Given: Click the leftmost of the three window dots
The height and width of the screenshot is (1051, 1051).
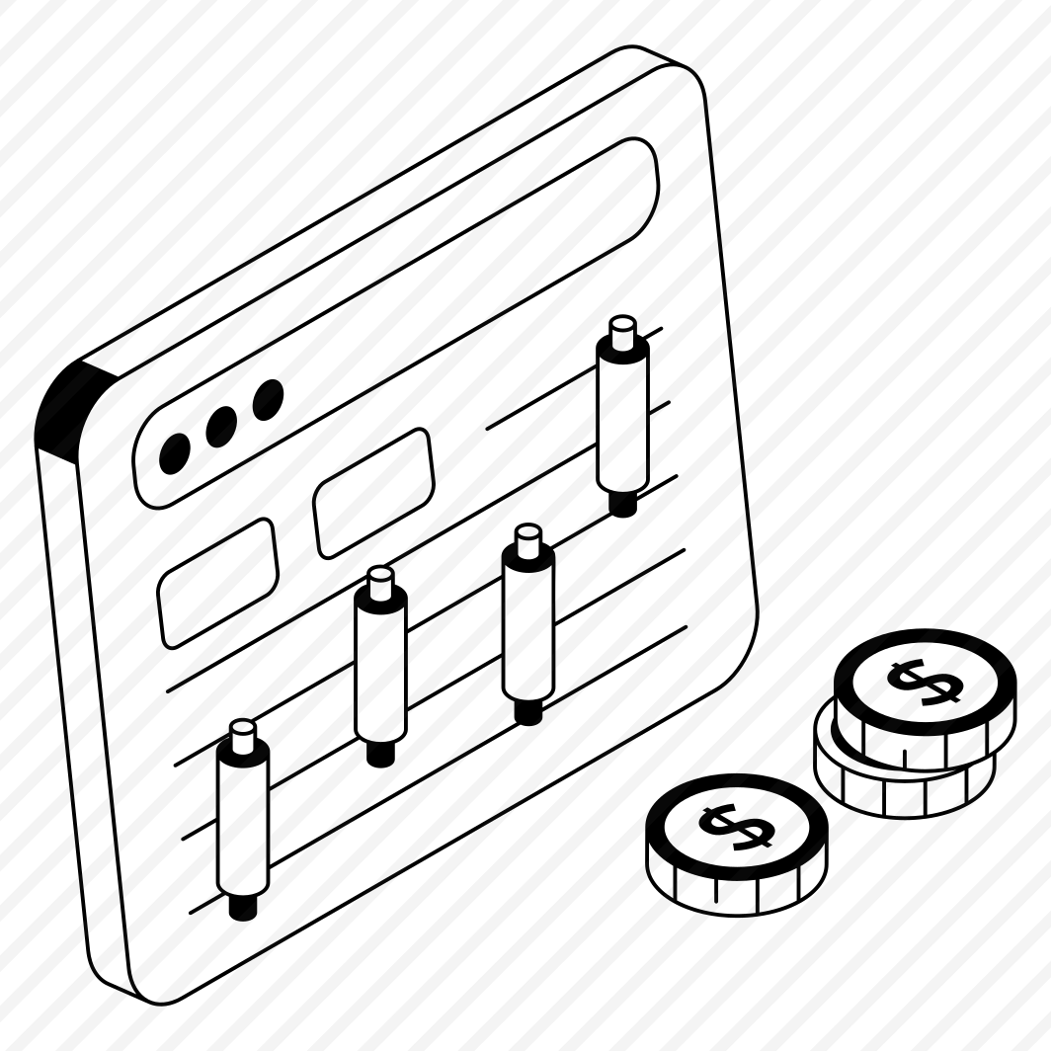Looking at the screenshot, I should (175, 452).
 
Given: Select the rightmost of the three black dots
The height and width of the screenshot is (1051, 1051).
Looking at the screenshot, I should (268, 398).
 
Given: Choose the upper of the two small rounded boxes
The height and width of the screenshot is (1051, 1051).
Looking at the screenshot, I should (373, 493).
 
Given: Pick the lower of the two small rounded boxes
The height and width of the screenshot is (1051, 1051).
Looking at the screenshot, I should (217, 583).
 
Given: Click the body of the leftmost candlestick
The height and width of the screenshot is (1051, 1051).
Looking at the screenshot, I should (242, 816).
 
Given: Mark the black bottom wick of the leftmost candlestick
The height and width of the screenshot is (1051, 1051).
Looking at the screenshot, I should (242, 905).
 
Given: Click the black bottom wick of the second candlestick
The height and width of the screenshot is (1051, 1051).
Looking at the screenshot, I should (380, 752).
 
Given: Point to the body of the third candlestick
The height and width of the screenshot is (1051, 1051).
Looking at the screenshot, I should (527, 622).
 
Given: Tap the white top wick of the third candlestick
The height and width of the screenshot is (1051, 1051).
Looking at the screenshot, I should (528, 538).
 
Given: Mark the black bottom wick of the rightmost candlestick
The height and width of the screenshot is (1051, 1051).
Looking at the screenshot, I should (622, 502).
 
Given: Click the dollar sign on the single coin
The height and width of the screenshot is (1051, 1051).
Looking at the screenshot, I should (735, 826).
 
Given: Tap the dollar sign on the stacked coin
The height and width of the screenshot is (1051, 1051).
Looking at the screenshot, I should (924, 681).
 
